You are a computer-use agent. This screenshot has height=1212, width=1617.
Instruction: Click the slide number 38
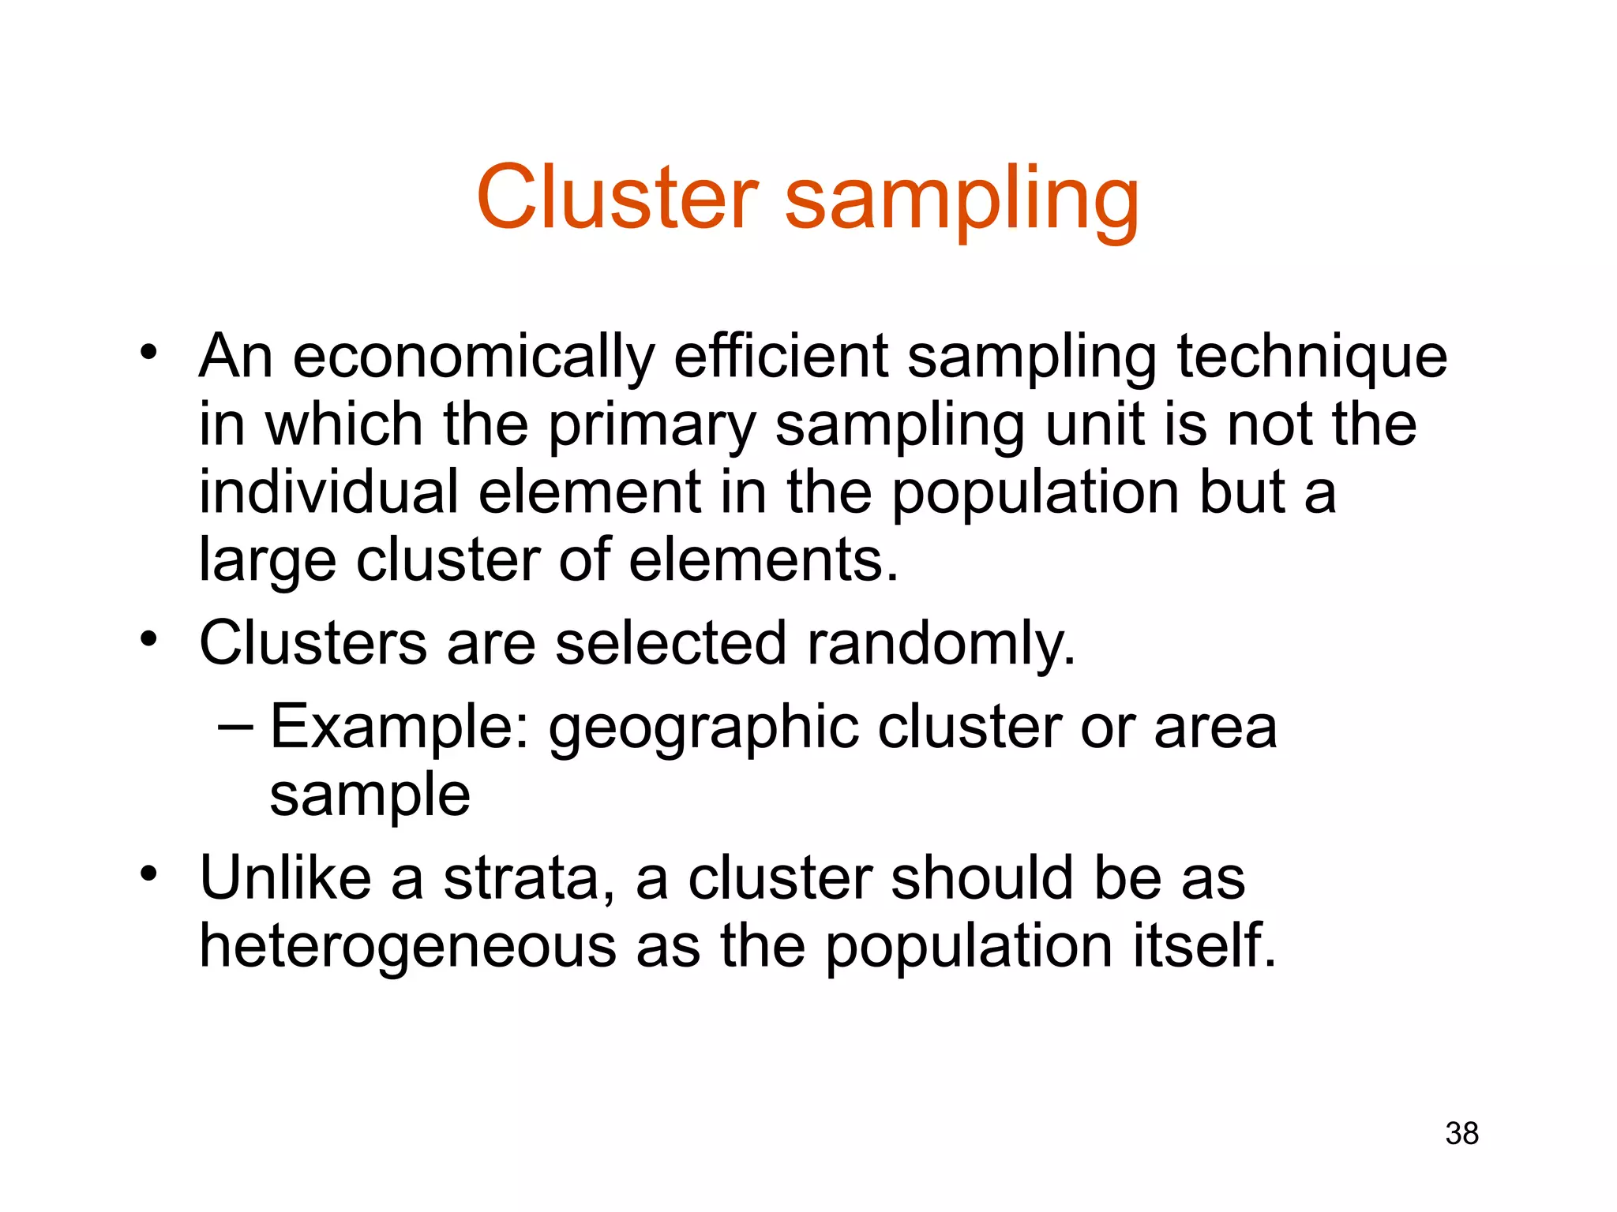(1461, 1133)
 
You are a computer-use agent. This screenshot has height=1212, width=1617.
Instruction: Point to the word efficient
(781, 357)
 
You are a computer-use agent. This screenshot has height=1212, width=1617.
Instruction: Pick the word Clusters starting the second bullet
(313, 643)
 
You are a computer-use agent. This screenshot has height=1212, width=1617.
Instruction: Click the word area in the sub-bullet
(1215, 728)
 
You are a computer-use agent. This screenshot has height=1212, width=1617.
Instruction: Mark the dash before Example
(235, 725)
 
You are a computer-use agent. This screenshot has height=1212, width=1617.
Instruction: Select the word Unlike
(285, 877)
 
